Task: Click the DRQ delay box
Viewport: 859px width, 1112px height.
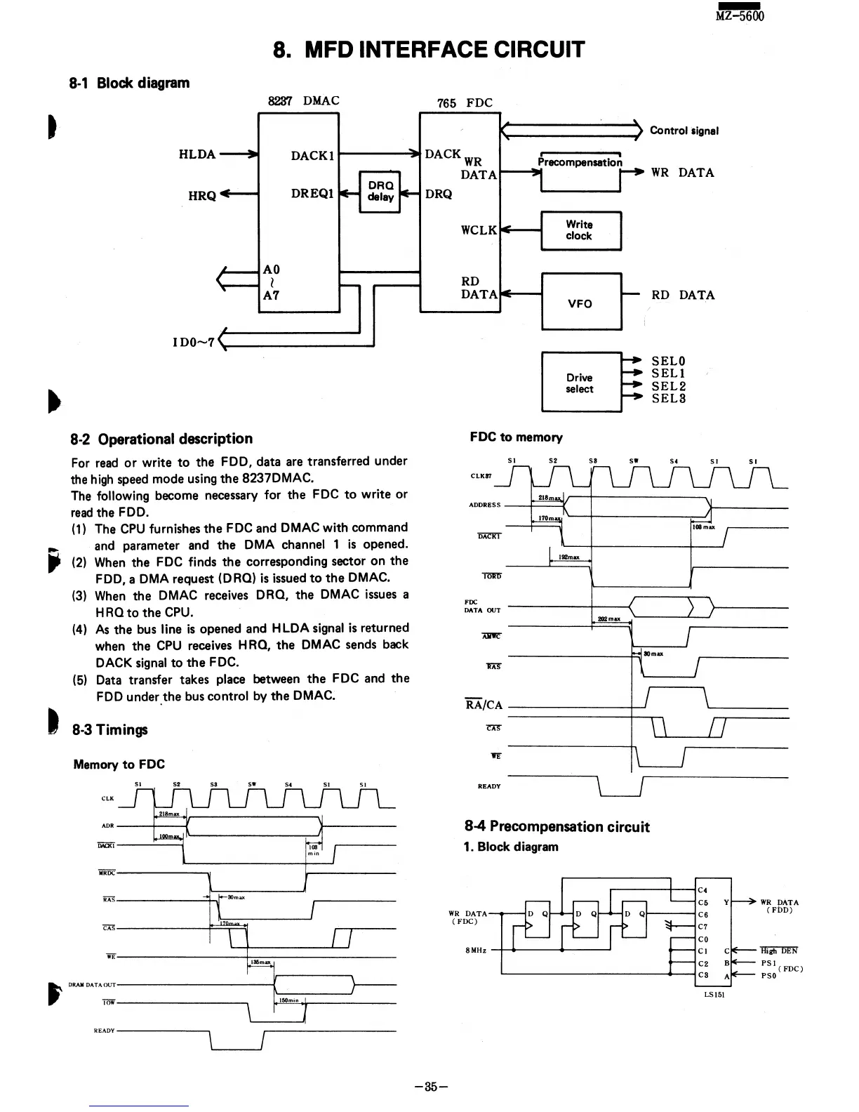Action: [380, 191]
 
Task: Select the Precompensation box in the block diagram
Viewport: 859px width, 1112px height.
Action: [580, 171]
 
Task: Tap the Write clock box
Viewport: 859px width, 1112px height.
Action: [580, 230]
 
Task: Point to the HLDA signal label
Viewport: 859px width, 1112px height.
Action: [197, 154]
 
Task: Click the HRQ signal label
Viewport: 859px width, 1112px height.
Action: [202, 196]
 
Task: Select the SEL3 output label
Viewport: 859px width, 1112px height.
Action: [669, 399]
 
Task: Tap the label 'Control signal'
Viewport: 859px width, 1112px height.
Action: [684, 131]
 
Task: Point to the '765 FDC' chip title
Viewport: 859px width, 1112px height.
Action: [465, 102]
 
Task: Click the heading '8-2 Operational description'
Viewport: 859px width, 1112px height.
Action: [161, 439]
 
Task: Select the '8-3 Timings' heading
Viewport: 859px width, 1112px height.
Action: [110, 729]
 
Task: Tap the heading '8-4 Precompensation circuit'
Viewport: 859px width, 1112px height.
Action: [557, 826]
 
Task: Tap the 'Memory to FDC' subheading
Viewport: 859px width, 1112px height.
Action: [119, 764]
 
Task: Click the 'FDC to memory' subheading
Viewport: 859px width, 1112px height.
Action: [516, 437]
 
